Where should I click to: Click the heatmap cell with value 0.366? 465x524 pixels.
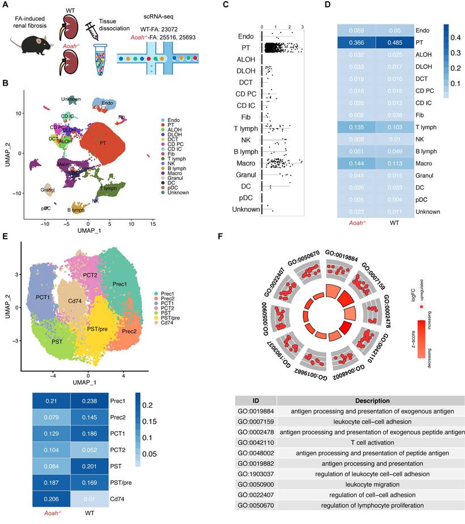click(x=364, y=43)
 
